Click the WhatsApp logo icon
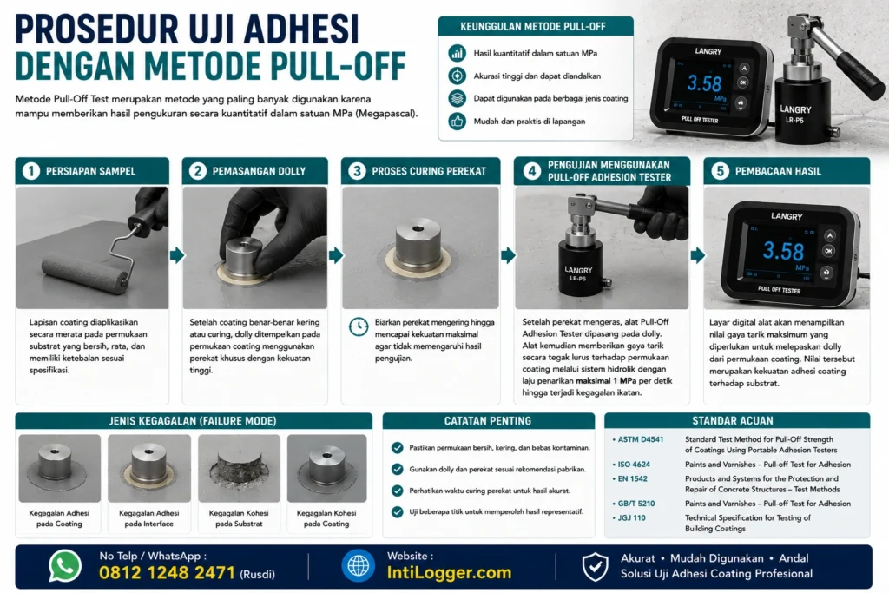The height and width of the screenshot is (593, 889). [65, 566]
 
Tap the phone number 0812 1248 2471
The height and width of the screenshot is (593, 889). [167, 572]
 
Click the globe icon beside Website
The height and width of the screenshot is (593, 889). [358, 566]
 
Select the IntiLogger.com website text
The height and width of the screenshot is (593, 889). [449, 572]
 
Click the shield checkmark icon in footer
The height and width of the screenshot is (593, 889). [595, 566]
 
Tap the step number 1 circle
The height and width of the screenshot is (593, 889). [31, 171]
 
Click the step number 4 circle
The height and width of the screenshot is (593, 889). [532, 171]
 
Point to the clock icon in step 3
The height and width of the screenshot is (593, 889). [359, 326]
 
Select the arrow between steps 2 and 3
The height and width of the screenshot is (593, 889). [336, 255]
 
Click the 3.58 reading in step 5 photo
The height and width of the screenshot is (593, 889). [783, 251]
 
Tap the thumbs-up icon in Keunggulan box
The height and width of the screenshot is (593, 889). [457, 121]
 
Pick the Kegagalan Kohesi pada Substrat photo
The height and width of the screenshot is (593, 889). [239, 468]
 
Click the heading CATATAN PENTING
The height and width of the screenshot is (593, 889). [488, 420]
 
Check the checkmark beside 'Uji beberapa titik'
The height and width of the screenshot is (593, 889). [397, 512]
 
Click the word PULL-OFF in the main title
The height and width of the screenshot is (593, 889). [338, 66]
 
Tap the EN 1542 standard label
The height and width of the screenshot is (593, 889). [632, 478]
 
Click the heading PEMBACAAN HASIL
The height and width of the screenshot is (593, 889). [778, 171]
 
